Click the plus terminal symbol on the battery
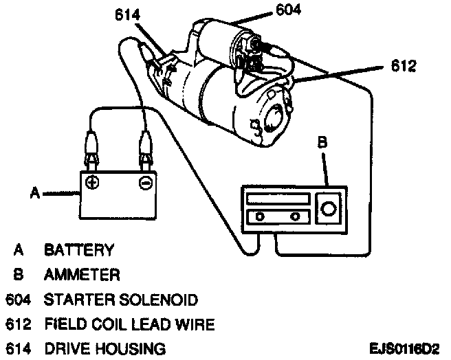point(92,183)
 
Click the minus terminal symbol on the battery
point(144,183)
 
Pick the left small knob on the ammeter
point(260,217)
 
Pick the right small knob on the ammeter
point(296,217)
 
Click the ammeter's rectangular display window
point(276,200)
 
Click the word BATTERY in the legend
point(79,249)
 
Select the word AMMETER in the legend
point(82,275)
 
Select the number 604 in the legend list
point(19,300)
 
